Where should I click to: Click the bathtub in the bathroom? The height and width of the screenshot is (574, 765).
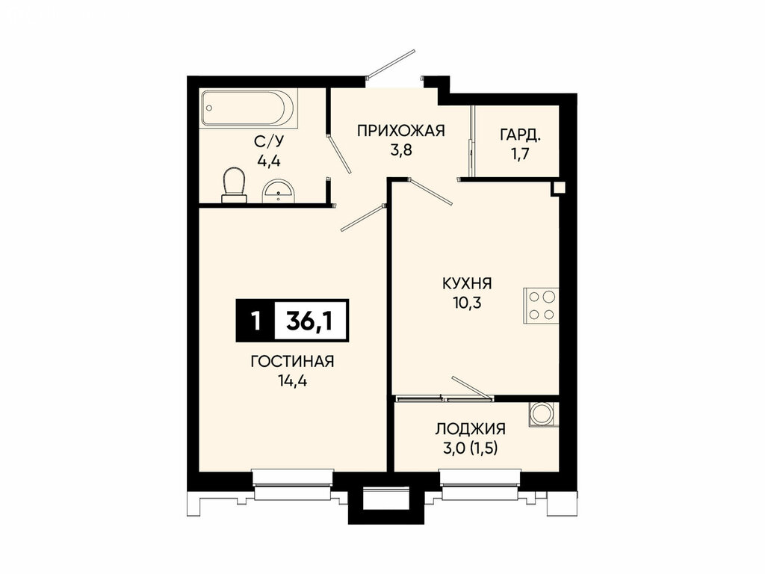click(x=249, y=108)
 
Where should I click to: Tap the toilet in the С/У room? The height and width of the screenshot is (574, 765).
click(x=234, y=185)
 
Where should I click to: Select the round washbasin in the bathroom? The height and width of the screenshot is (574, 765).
click(x=278, y=191)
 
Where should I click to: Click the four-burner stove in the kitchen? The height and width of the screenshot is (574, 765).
click(x=541, y=306)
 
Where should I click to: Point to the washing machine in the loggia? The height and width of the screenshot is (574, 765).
click(x=543, y=414)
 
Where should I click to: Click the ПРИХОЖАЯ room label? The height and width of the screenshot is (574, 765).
click(x=401, y=131)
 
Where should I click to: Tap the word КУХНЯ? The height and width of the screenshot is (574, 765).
click(x=467, y=283)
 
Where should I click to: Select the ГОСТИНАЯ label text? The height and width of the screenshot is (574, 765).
click(x=292, y=362)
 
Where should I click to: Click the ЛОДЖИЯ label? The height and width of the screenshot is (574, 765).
click(x=471, y=429)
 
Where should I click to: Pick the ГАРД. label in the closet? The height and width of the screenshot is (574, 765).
click(x=520, y=135)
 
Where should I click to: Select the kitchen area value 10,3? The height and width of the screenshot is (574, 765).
click(x=467, y=303)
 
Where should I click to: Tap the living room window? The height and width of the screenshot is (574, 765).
click(x=293, y=484)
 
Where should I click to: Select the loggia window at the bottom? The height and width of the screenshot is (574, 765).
click(x=480, y=484)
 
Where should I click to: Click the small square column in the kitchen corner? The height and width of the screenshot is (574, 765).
click(x=559, y=188)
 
